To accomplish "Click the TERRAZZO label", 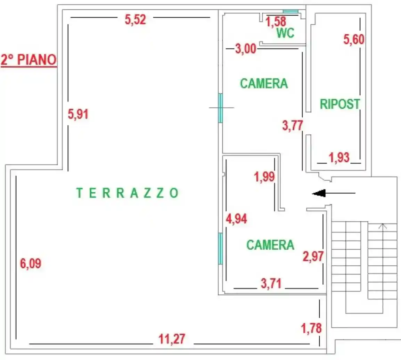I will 127,193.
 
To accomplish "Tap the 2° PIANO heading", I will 29,60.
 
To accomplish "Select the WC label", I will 285,33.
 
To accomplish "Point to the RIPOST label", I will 340,104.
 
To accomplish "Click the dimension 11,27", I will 172,339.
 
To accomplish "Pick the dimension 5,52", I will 136,19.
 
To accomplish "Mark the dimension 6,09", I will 31,263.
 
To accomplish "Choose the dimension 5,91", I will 78,114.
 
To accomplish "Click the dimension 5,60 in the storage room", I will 354,39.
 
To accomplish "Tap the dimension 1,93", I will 339,158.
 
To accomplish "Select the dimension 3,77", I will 293,125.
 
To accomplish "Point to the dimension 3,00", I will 246,49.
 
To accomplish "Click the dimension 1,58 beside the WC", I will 276,22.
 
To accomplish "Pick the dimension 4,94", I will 236,219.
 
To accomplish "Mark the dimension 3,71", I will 271,284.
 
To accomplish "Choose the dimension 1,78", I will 311,328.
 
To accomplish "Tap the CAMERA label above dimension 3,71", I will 270,245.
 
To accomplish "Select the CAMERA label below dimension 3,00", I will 264,83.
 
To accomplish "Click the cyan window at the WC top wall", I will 290,11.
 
